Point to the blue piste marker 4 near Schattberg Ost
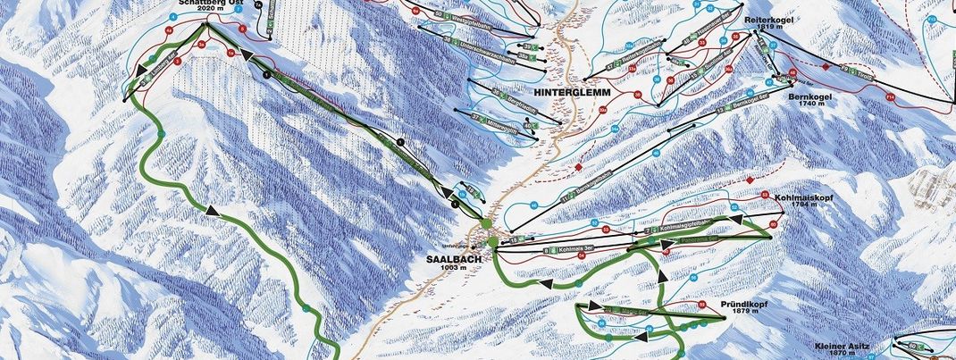(172, 17)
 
